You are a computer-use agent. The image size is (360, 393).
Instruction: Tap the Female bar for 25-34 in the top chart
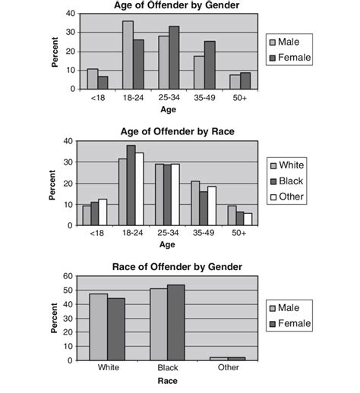(174, 58)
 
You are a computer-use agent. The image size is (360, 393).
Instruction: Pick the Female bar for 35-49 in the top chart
(210, 65)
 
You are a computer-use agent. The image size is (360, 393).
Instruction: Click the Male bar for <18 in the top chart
(93, 79)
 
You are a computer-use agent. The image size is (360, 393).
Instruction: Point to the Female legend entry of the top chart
(289, 58)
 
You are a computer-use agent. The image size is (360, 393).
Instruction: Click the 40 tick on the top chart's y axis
(71, 14)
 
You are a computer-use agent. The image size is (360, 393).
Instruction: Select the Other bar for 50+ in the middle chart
(248, 219)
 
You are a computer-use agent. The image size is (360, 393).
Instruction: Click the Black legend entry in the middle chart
(289, 181)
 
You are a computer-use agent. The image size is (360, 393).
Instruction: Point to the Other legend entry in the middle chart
(289, 197)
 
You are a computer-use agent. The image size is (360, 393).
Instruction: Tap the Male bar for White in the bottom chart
(98, 326)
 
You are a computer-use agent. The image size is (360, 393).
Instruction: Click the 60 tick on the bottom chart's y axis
(71, 277)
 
